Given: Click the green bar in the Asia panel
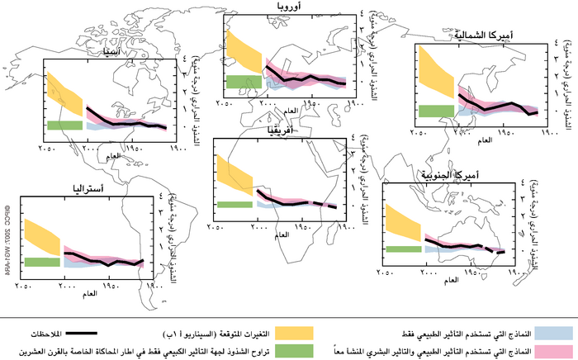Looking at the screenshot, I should pos(64,125).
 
